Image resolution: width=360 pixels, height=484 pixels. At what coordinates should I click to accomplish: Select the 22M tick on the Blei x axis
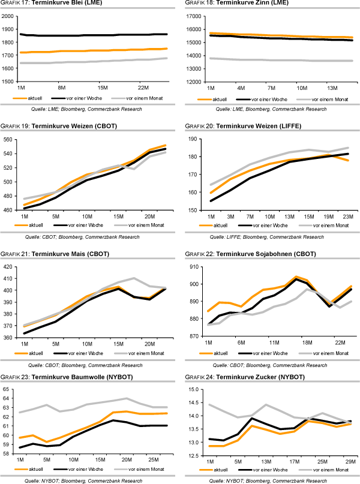coord(143,87)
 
